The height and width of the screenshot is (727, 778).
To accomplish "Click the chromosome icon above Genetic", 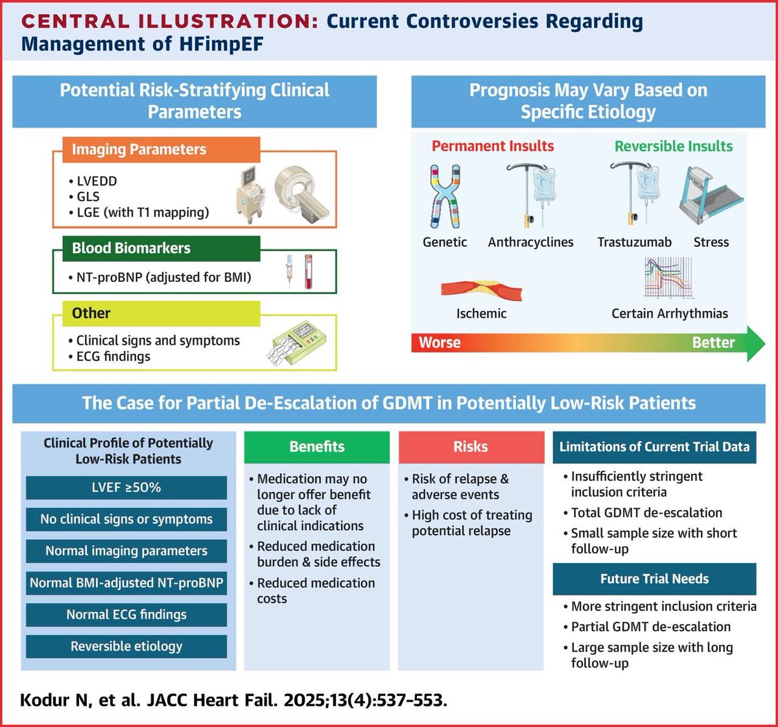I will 445,196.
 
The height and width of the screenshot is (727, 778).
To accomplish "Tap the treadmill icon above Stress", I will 711,195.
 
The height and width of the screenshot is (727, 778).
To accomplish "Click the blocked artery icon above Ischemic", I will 481,290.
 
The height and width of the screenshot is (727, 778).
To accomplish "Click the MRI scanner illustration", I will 298,190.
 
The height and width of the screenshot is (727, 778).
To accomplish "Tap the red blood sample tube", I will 309,272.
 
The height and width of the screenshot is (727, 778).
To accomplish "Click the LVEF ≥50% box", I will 126,488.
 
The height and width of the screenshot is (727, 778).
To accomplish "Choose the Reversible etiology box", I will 126,647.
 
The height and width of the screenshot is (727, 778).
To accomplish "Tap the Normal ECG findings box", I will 126,615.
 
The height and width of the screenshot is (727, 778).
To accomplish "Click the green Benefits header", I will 317,447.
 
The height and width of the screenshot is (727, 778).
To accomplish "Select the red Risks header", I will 471,447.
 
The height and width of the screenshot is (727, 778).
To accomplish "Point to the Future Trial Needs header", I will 654,579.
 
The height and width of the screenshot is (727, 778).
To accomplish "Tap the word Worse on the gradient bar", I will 440,343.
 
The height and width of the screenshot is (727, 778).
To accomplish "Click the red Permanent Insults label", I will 493,146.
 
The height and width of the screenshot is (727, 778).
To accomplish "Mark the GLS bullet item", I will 88,197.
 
